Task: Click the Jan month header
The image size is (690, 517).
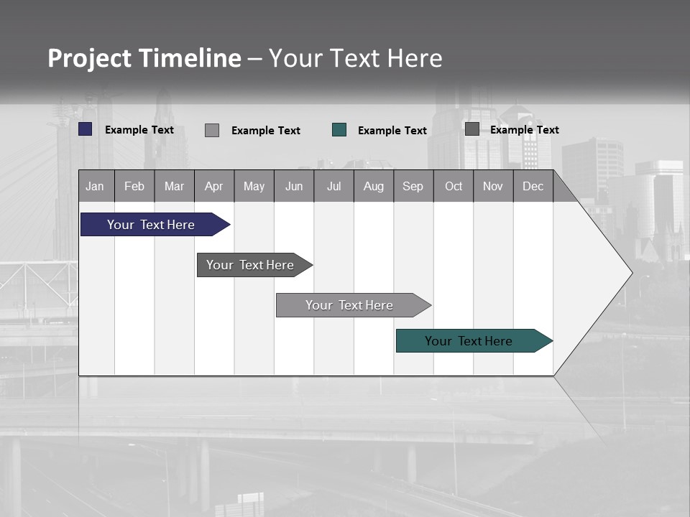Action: click(x=96, y=187)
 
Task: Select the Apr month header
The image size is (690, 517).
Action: click(x=214, y=187)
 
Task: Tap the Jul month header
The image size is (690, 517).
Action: click(x=333, y=187)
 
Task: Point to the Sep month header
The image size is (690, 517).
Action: click(x=413, y=187)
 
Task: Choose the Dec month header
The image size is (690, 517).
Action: click(x=533, y=187)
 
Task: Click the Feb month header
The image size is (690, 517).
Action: click(x=134, y=187)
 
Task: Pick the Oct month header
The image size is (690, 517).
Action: click(x=454, y=187)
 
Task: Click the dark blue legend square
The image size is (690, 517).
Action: click(x=86, y=129)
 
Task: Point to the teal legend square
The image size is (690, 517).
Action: click(x=339, y=130)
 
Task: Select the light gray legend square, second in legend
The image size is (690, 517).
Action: click(x=212, y=130)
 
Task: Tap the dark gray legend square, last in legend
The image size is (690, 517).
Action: click(x=472, y=129)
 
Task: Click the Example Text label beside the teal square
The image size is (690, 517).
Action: click(x=392, y=131)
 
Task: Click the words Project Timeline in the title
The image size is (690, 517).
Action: click(x=144, y=58)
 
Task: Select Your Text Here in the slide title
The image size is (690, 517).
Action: click(x=356, y=58)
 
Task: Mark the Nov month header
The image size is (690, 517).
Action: click(x=493, y=187)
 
